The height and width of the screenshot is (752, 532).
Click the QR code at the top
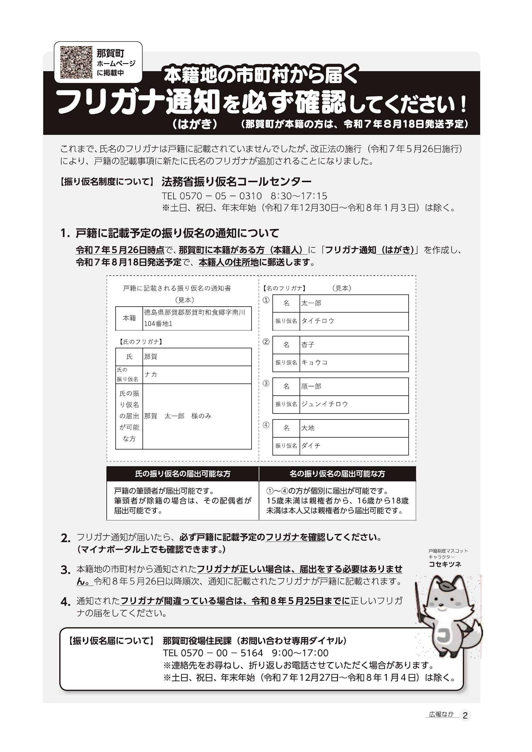point(76,62)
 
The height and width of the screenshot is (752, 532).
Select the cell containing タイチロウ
point(353,321)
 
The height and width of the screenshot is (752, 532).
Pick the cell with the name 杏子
point(353,345)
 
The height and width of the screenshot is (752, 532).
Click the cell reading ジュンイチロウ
point(353,404)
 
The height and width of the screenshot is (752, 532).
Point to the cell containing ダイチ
point(353,446)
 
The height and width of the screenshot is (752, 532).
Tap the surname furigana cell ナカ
point(197,374)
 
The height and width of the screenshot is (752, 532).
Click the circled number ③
point(266,383)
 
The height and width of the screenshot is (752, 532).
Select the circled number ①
point(266,300)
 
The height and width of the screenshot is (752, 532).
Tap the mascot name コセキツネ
point(445,564)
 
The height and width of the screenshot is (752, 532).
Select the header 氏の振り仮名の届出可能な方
point(183,474)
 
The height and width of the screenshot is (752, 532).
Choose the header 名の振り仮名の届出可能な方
point(337,474)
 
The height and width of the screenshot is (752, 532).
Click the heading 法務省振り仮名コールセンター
point(236,181)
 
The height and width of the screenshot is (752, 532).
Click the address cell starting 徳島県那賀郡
point(197,318)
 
